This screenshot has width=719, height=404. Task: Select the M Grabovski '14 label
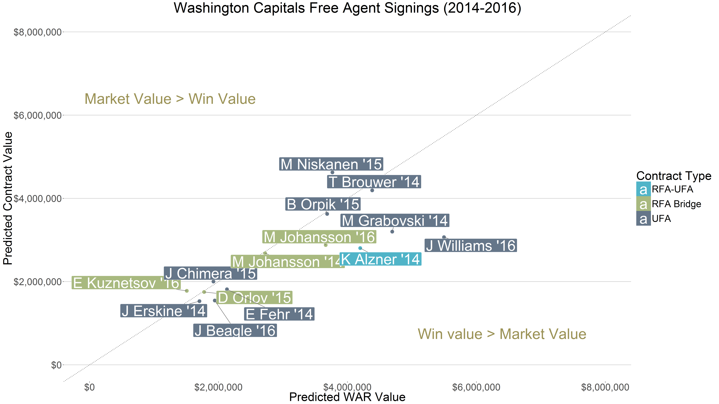tap(395, 221)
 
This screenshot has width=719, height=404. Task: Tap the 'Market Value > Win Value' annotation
tap(170, 99)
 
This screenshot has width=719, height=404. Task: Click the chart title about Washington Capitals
tap(347, 8)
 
